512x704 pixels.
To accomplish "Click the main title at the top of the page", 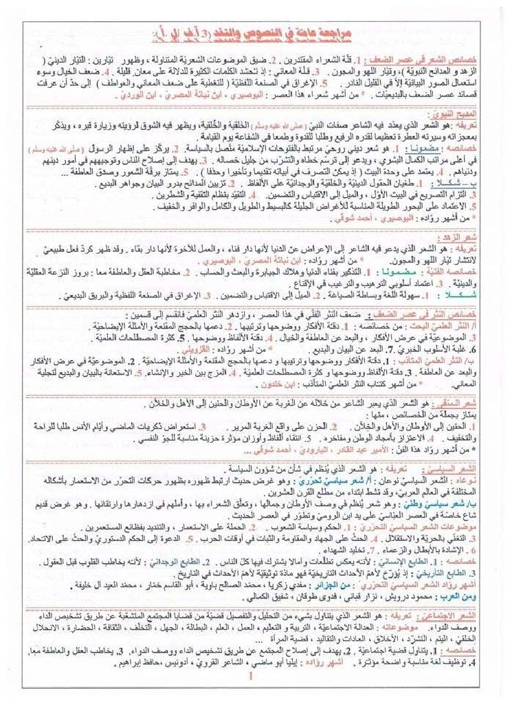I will tap(256, 32).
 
